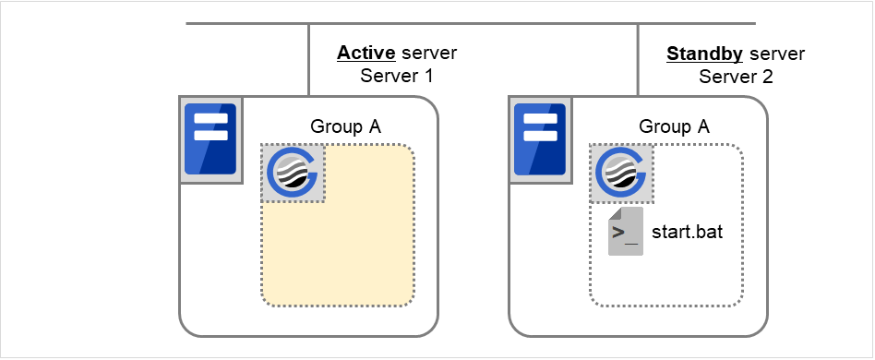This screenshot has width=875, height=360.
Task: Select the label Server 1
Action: [397, 77]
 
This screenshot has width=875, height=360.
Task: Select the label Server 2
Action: [736, 77]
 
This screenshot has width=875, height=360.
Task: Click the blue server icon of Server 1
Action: [210, 138]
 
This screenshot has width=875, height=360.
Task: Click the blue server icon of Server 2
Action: [539, 138]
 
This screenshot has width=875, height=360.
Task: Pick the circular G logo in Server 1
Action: [293, 173]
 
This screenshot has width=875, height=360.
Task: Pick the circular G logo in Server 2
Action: [621, 173]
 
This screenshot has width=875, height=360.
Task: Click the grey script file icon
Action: [625, 232]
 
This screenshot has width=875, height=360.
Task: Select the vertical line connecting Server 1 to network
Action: [308, 59]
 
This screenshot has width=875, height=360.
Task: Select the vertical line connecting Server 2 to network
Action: [638, 59]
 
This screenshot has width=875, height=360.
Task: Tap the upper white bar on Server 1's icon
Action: [210, 118]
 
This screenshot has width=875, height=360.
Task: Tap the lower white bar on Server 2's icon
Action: [539, 136]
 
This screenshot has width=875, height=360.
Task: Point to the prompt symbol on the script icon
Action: [624, 233]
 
